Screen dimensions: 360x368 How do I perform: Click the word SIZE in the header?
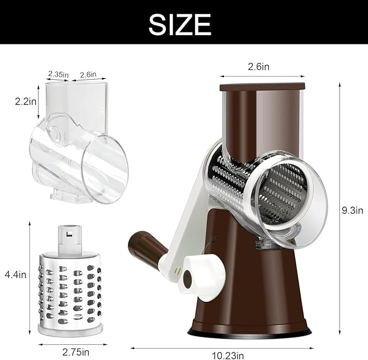pyautogui.click(x=180, y=24)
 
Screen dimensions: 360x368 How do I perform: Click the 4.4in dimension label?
pyautogui.click(x=15, y=275)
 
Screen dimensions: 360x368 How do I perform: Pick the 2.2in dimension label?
pyautogui.click(x=25, y=101)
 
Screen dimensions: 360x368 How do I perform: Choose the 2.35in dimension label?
pyautogui.click(x=59, y=74)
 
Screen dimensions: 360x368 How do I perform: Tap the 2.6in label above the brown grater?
pyautogui.click(x=259, y=67)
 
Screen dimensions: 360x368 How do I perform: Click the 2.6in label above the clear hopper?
pyautogui.click(x=88, y=74)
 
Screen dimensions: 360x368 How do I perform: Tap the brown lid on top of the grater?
pyautogui.click(x=262, y=87)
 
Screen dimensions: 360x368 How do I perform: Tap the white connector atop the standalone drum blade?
pyautogui.click(x=69, y=239)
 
